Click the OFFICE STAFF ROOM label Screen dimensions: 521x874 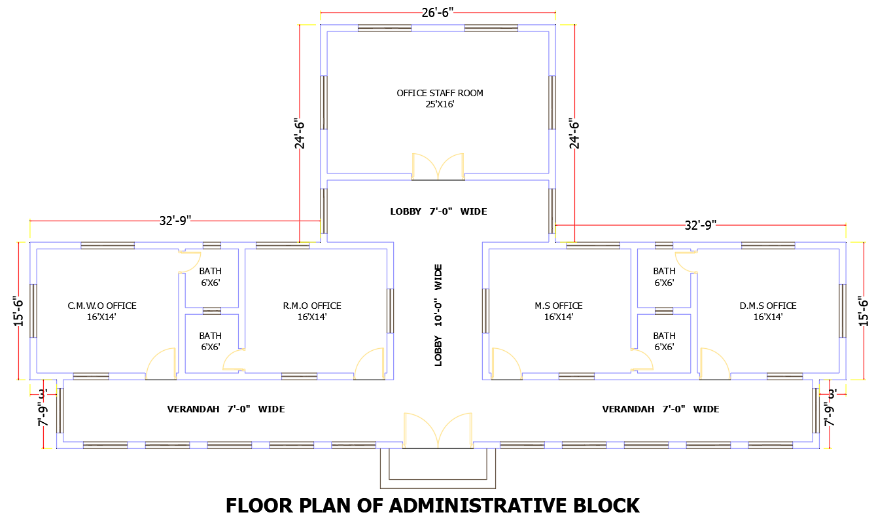pyautogui.click(x=440, y=93)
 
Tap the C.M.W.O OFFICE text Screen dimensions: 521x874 pyautogui.click(x=102, y=306)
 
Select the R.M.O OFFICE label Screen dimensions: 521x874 pyautogui.click(x=311, y=306)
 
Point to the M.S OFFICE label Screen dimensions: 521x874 pyautogui.click(x=558, y=306)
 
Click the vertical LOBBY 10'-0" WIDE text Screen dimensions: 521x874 pyautogui.click(x=438, y=315)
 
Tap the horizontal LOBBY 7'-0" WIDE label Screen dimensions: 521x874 pyautogui.click(x=438, y=211)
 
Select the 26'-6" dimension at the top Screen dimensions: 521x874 pyautogui.click(x=437, y=12)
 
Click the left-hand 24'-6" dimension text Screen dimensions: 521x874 pyautogui.click(x=300, y=134)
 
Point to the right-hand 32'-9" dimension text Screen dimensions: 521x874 pyautogui.click(x=700, y=225)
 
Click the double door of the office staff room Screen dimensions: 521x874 pyautogui.click(x=438, y=167)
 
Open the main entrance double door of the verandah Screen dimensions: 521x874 pyautogui.click(x=438, y=430)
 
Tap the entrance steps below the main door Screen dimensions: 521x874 pyautogui.click(x=438, y=467)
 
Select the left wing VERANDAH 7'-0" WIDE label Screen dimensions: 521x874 pyautogui.click(x=226, y=409)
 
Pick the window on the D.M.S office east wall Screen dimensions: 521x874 pyautogui.click(x=843, y=311)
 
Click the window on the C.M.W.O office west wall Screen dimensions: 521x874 pyautogui.click(x=33, y=311)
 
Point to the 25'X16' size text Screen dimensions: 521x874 pyautogui.click(x=440, y=104)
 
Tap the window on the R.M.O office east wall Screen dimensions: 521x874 pyautogui.click(x=390, y=311)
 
